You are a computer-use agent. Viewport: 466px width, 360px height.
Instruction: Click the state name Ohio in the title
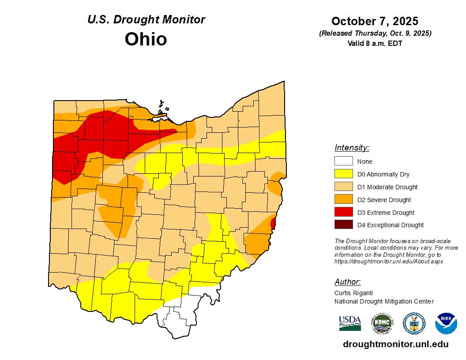pos(146,39)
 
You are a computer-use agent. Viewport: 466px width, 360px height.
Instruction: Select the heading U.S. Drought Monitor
pos(146,20)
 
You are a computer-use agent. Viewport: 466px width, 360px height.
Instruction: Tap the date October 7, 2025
pos(375,21)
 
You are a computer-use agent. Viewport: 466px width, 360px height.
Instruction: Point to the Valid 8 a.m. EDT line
pos(375,43)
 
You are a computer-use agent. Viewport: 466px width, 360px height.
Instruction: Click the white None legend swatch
pos(343,161)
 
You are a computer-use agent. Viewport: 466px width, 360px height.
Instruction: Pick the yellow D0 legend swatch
pos(343,174)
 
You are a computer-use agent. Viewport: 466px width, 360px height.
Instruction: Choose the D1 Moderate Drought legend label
pos(387,187)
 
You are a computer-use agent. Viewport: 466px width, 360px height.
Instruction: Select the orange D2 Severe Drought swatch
pos(343,200)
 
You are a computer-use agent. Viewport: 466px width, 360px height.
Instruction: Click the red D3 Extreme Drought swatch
pos(343,213)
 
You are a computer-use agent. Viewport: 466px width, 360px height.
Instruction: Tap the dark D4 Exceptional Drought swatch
pos(343,225)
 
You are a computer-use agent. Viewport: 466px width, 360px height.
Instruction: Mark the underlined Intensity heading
pos(352,148)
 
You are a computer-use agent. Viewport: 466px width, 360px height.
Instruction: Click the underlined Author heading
pos(347,282)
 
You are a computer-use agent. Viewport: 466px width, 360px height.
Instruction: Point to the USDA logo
pos(350,323)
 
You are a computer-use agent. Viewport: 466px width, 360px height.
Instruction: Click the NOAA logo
pos(446,323)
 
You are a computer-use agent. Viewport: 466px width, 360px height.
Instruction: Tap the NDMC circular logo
pos(382,323)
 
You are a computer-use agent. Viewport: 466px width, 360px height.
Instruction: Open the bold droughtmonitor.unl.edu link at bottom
pos(395,344)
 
